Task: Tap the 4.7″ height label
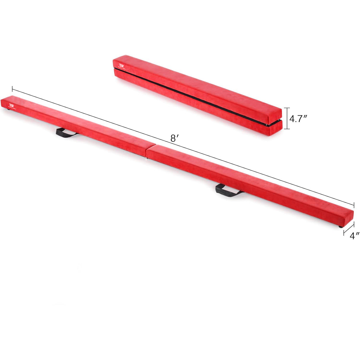click(298, 119)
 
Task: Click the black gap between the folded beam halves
click(193, 95)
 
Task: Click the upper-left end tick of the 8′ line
click(12, 89)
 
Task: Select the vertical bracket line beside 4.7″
click(286, 118)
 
